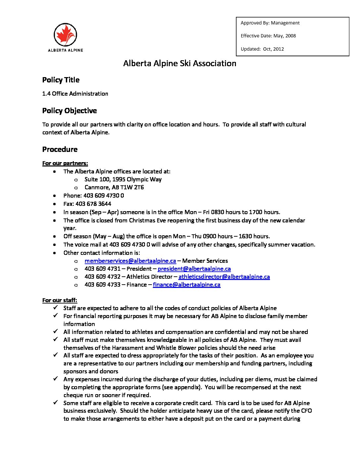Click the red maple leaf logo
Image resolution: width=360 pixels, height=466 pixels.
pos(65,35)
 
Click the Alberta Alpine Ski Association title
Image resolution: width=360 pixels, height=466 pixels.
pos(180,63)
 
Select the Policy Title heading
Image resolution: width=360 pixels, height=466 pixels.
pos(61,80)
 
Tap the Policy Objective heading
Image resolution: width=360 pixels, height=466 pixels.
pos(69,111)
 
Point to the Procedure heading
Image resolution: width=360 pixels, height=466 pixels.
pos(60,149)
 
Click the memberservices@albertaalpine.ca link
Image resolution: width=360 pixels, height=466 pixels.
pos(130,261)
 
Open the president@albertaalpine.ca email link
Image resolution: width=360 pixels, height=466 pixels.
pos(194,269)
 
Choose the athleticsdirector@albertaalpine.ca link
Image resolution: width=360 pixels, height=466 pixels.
pos(224,277)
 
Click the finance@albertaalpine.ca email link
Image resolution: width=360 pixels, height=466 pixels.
pos(187,285)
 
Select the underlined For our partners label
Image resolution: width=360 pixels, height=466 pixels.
pos(65,163)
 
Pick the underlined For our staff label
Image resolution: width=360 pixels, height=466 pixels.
pos(60,300)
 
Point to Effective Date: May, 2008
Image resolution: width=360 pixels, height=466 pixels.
pos(268,36)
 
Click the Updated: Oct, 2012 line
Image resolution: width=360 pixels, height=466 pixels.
pos(262,49)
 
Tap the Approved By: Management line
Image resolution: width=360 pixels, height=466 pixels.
pos(270,23)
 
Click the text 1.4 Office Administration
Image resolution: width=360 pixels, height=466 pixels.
pos(75,94)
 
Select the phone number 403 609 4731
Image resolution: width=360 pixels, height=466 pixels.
pos(103,269)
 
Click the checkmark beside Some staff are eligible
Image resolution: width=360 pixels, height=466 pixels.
pos(56,402)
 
